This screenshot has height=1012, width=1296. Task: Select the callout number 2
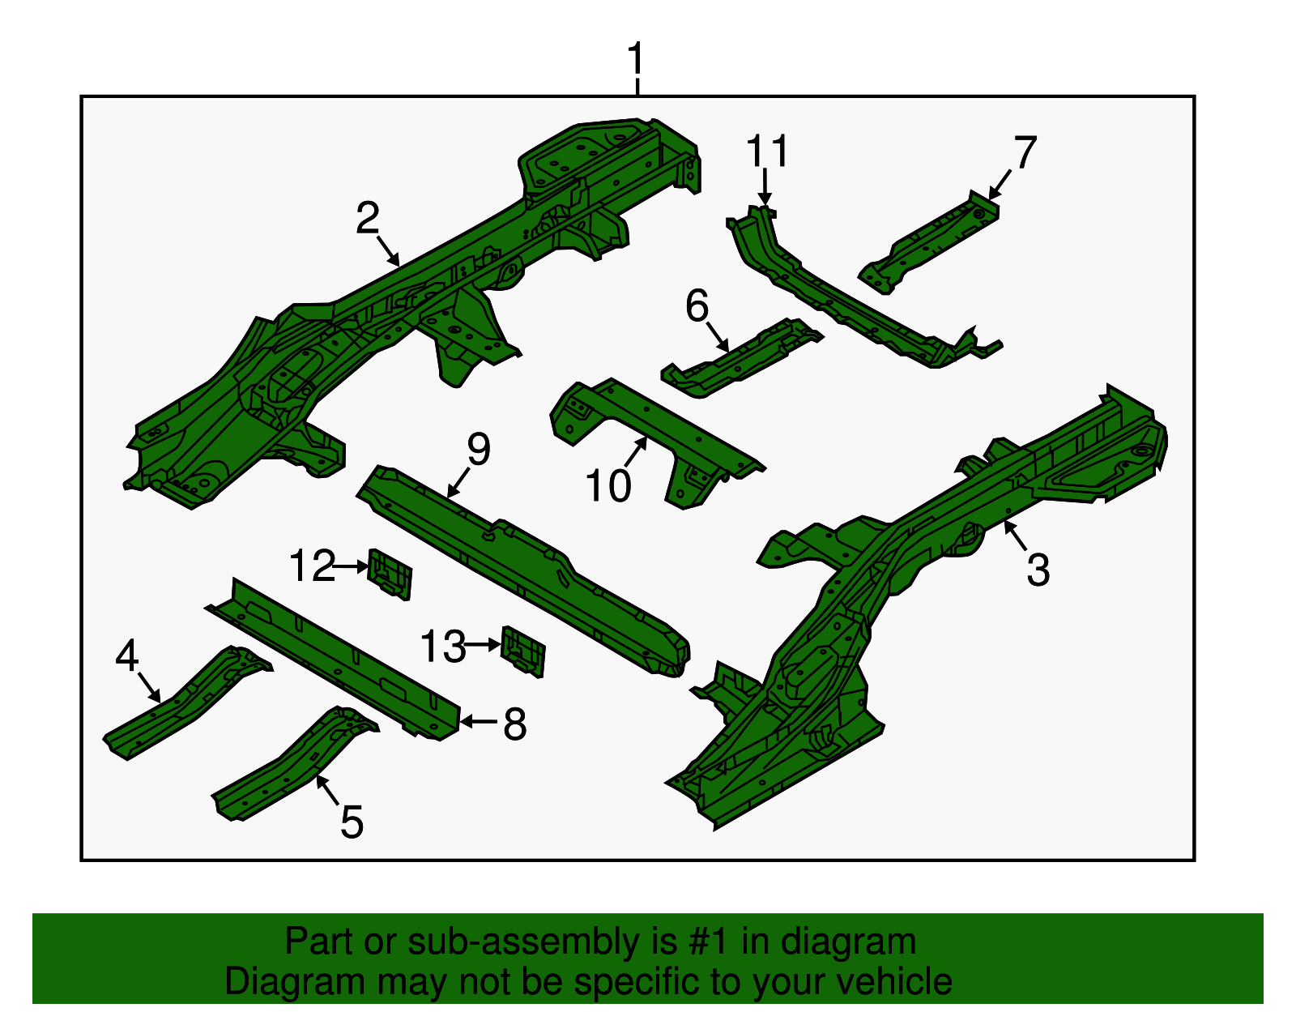click(x=368, y=218)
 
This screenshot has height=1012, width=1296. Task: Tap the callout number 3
click(x=1038, y=570)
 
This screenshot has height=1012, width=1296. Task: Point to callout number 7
click(x=1025, y=152)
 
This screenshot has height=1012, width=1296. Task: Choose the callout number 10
click(x=608, y=485)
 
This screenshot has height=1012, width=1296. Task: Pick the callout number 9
click(x=479, y=449)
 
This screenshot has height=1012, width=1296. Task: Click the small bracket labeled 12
click(x=391, y=574)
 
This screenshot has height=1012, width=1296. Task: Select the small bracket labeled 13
click(x=523, y=651)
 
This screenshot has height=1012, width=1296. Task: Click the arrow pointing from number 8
click(x=479, y=722)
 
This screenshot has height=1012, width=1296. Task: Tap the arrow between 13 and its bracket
click(x=482, y=645)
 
